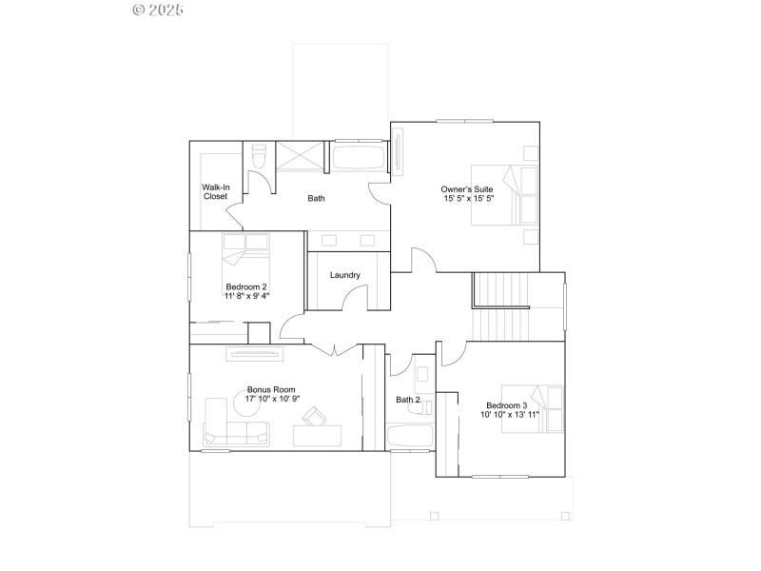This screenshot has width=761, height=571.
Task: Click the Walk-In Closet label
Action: (215, 191)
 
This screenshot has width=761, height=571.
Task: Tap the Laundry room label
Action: (344, 275)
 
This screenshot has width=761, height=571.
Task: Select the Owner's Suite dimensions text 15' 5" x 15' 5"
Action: (467, 199)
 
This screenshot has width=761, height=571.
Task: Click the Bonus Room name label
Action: (271, 389)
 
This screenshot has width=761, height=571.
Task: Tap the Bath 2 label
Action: (407, 400)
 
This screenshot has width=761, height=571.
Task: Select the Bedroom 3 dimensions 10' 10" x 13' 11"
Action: (510, 414)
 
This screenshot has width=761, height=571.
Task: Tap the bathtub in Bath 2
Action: (410, 436)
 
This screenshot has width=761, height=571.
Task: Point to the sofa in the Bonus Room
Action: (236, 434)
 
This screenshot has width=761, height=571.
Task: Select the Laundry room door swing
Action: (355, 300)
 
